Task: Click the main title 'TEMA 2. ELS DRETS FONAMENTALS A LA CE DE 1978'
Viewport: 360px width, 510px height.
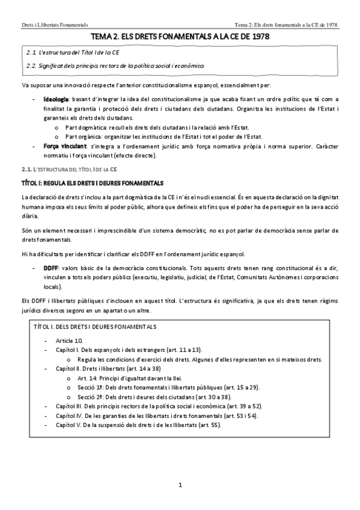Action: pos(180,37)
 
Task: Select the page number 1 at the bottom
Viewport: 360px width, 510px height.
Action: pos(180,485)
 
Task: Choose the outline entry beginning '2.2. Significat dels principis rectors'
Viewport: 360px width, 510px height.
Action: pos(112,65)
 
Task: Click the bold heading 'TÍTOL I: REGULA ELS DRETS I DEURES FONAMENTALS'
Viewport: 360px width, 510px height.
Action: pos(92,182)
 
